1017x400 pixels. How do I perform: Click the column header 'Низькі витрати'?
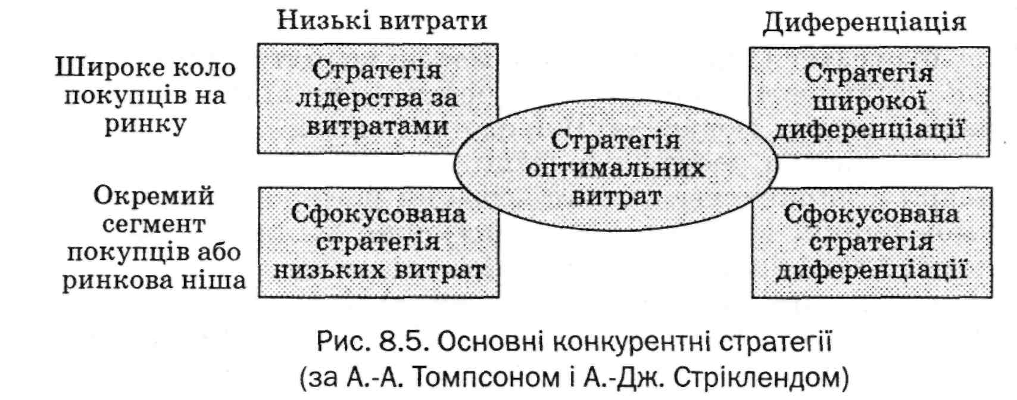click(x=382, y=21)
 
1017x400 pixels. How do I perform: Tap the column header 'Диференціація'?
click(x=864, y=22)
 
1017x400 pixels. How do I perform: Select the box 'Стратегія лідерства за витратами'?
click(x=377, y=98)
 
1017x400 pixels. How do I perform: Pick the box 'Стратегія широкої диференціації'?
click(x=869, y=102)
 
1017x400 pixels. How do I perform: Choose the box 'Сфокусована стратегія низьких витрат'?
click(x=379, y=242)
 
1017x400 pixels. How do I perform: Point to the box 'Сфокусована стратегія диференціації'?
click(x=871, y=242)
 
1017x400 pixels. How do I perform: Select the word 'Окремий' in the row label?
click(x=154, y=196)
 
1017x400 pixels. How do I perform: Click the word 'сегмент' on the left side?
click(x=154, y=225)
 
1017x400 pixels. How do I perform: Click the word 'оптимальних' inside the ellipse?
click(x=616, y=169)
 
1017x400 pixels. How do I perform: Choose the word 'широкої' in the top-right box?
click(x=869, y=102)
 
